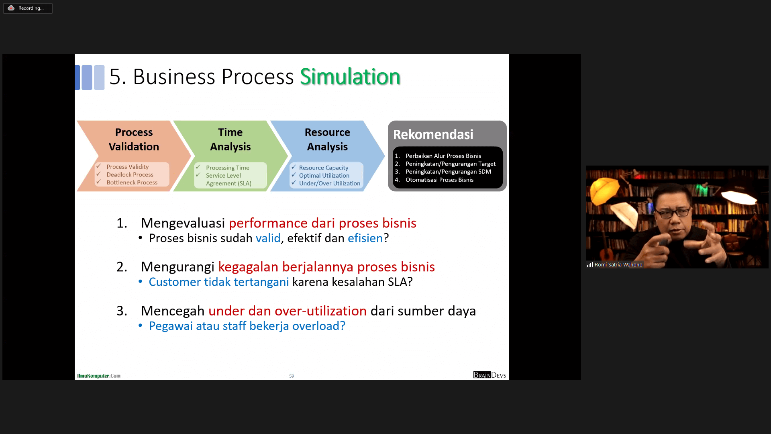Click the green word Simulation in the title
tap(350, 76)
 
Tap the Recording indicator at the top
tap(28, 8)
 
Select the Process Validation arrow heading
tap(134, 139)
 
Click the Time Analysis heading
tap(230, 139)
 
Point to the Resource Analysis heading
tap(327, 139)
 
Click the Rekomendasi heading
tap(433, 134)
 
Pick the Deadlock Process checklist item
tap(130, 175)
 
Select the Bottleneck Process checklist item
tap(132, 182)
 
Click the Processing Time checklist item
tap(228, 168)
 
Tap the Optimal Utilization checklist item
tap(324, 176)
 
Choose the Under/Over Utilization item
tap(330, 184)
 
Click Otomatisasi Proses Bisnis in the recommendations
tap(439, 180)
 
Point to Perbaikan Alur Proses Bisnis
tap(443, 156)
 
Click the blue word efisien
tap(365, 238)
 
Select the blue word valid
tap(268, 238)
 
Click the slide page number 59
tap(292, 376)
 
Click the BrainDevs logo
tap(490, 375)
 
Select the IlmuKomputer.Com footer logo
tap(99, 376)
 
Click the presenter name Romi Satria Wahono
tap(618, 264)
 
